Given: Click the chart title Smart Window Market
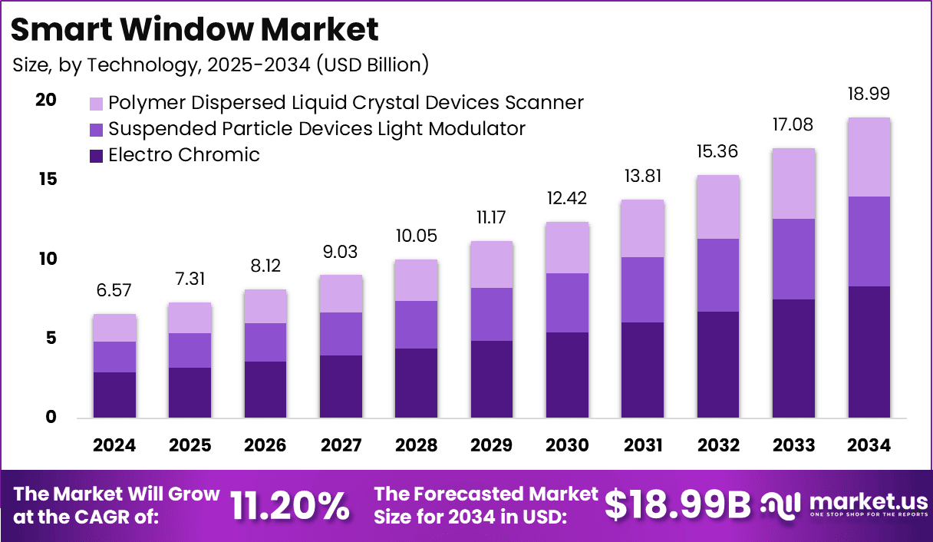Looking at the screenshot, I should coord(195,29).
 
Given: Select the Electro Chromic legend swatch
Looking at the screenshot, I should coord(97,156).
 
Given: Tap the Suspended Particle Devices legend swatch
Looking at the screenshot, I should coord(97,129).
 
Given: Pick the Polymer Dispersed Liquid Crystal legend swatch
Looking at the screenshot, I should coord(97,103).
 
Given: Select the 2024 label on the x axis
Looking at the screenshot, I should coord(114,446).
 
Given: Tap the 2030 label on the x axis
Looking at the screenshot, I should coord(567,446).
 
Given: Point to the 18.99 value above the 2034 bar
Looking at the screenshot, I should coord(869,94).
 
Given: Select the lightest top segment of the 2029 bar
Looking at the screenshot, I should coord(491,265).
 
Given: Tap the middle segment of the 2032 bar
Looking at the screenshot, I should coord(717,275).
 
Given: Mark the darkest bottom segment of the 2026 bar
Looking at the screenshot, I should coord(265,389).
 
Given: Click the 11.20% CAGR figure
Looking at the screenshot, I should coord(290,505).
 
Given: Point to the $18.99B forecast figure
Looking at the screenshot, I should coord(677,505).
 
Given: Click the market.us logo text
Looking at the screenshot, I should coord(868,503).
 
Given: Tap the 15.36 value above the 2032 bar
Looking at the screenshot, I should coord(717,152).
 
